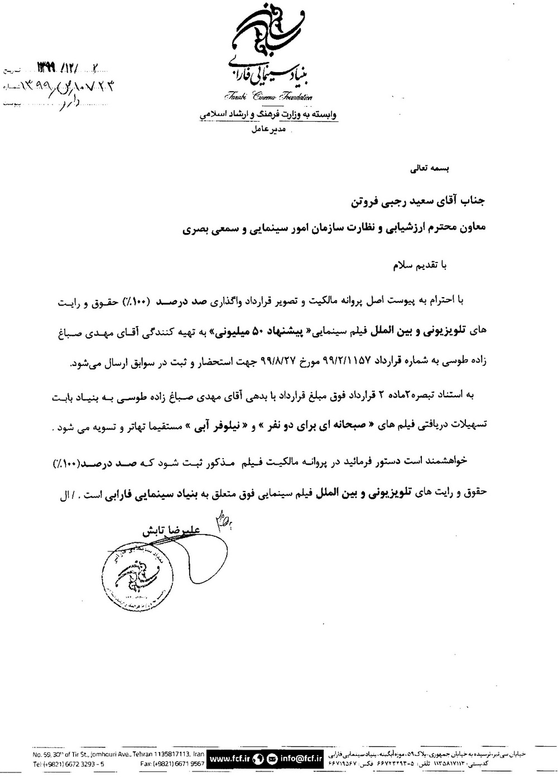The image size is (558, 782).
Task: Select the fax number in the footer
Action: coord(173,763)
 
